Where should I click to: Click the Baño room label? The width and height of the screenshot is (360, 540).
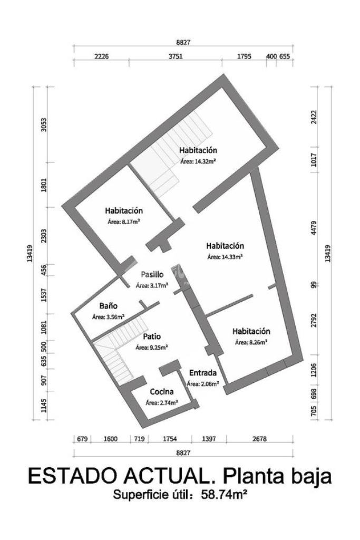(109, 305)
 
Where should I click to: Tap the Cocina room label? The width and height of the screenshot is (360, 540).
(162, 392)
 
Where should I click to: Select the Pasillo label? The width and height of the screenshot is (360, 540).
(152, 274)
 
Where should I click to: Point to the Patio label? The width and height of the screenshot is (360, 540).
(152, 336)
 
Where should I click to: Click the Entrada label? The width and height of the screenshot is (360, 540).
(203, 373)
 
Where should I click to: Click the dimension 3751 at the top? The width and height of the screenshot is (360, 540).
(176, 56)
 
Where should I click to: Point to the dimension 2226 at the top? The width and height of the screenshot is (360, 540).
(101, 56)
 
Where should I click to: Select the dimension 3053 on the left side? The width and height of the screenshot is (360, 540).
(44, 124)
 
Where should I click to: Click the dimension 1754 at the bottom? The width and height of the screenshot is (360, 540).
(170, 439)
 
